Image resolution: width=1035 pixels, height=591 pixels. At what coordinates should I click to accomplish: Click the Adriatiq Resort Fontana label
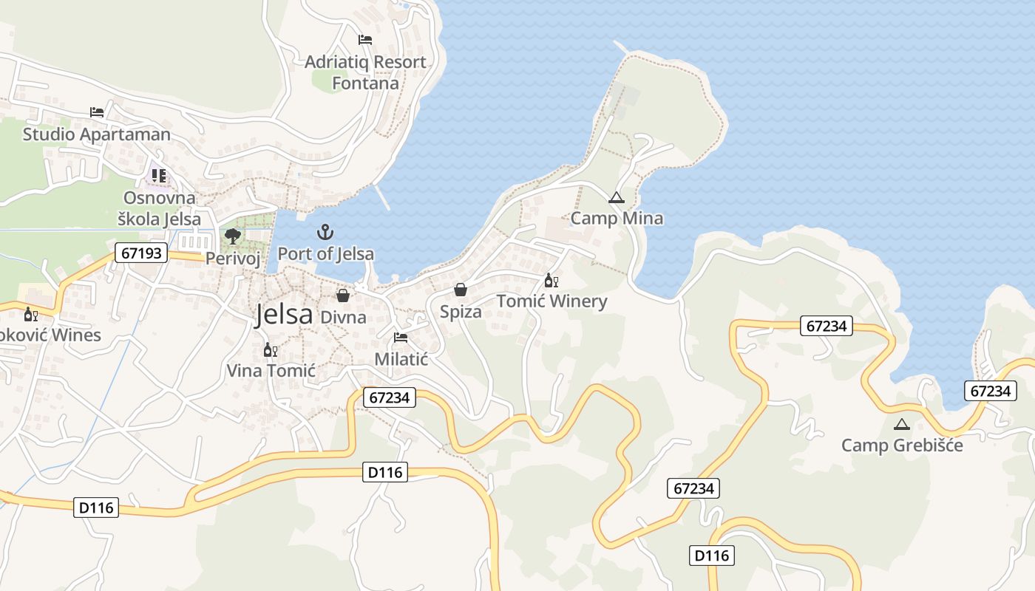coord(365,72)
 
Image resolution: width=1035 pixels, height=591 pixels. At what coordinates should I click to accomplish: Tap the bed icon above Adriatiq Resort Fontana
coord(365,39)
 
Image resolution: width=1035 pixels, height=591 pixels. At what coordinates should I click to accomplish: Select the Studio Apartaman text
coord(96,134)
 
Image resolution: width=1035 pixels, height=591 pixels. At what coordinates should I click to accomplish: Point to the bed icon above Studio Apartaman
coord(97,112)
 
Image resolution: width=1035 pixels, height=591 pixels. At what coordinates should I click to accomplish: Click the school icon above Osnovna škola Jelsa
coord(159,176)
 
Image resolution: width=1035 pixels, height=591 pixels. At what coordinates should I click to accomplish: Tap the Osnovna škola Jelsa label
coord(160,208)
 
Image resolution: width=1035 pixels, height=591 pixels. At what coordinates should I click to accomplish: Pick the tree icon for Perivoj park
coord(233,236)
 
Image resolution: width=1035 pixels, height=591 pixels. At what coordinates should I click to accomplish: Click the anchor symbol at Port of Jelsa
coord(325,233)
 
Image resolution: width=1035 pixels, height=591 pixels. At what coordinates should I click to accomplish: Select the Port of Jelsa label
coord(325,253)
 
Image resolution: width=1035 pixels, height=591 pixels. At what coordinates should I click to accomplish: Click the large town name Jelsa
coord(284,315)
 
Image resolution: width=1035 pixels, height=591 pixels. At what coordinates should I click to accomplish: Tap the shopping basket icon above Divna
coord(343,296)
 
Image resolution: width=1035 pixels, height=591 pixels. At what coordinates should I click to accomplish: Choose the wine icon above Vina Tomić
coord(271,349)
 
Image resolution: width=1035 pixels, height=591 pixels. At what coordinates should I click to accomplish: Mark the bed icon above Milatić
coord(401,338)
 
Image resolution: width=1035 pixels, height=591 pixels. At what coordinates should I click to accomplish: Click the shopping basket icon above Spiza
coord(461,290)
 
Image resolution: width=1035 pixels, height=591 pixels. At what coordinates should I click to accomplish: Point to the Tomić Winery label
coord(552,301)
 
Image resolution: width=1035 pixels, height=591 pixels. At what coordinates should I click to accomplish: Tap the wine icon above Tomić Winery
coord(552,281)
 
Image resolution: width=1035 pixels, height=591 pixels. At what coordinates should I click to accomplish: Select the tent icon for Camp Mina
coord(616,198)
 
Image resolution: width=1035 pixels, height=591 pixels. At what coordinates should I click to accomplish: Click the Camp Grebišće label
coord(902,445)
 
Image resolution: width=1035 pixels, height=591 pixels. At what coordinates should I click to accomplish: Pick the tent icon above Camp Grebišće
coord(901,424)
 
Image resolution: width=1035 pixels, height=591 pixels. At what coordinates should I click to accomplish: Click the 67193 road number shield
coord(141,253)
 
